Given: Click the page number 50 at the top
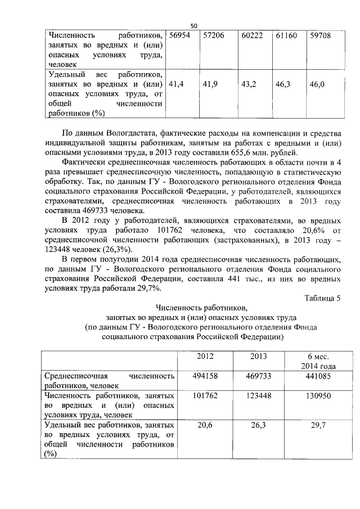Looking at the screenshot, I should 193,26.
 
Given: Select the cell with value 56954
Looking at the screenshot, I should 179,35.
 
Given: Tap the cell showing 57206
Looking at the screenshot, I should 213,35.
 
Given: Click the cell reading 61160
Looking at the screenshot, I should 287,35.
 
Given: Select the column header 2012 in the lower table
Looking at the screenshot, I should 205,357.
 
